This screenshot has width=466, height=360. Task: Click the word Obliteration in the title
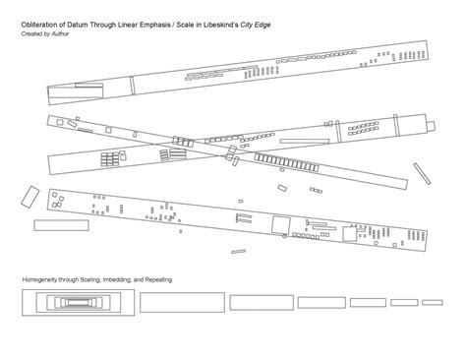37,25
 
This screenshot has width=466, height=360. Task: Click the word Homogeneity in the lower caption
42,281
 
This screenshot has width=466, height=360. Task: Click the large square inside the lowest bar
279,224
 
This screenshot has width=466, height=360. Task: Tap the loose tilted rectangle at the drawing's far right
430,173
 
